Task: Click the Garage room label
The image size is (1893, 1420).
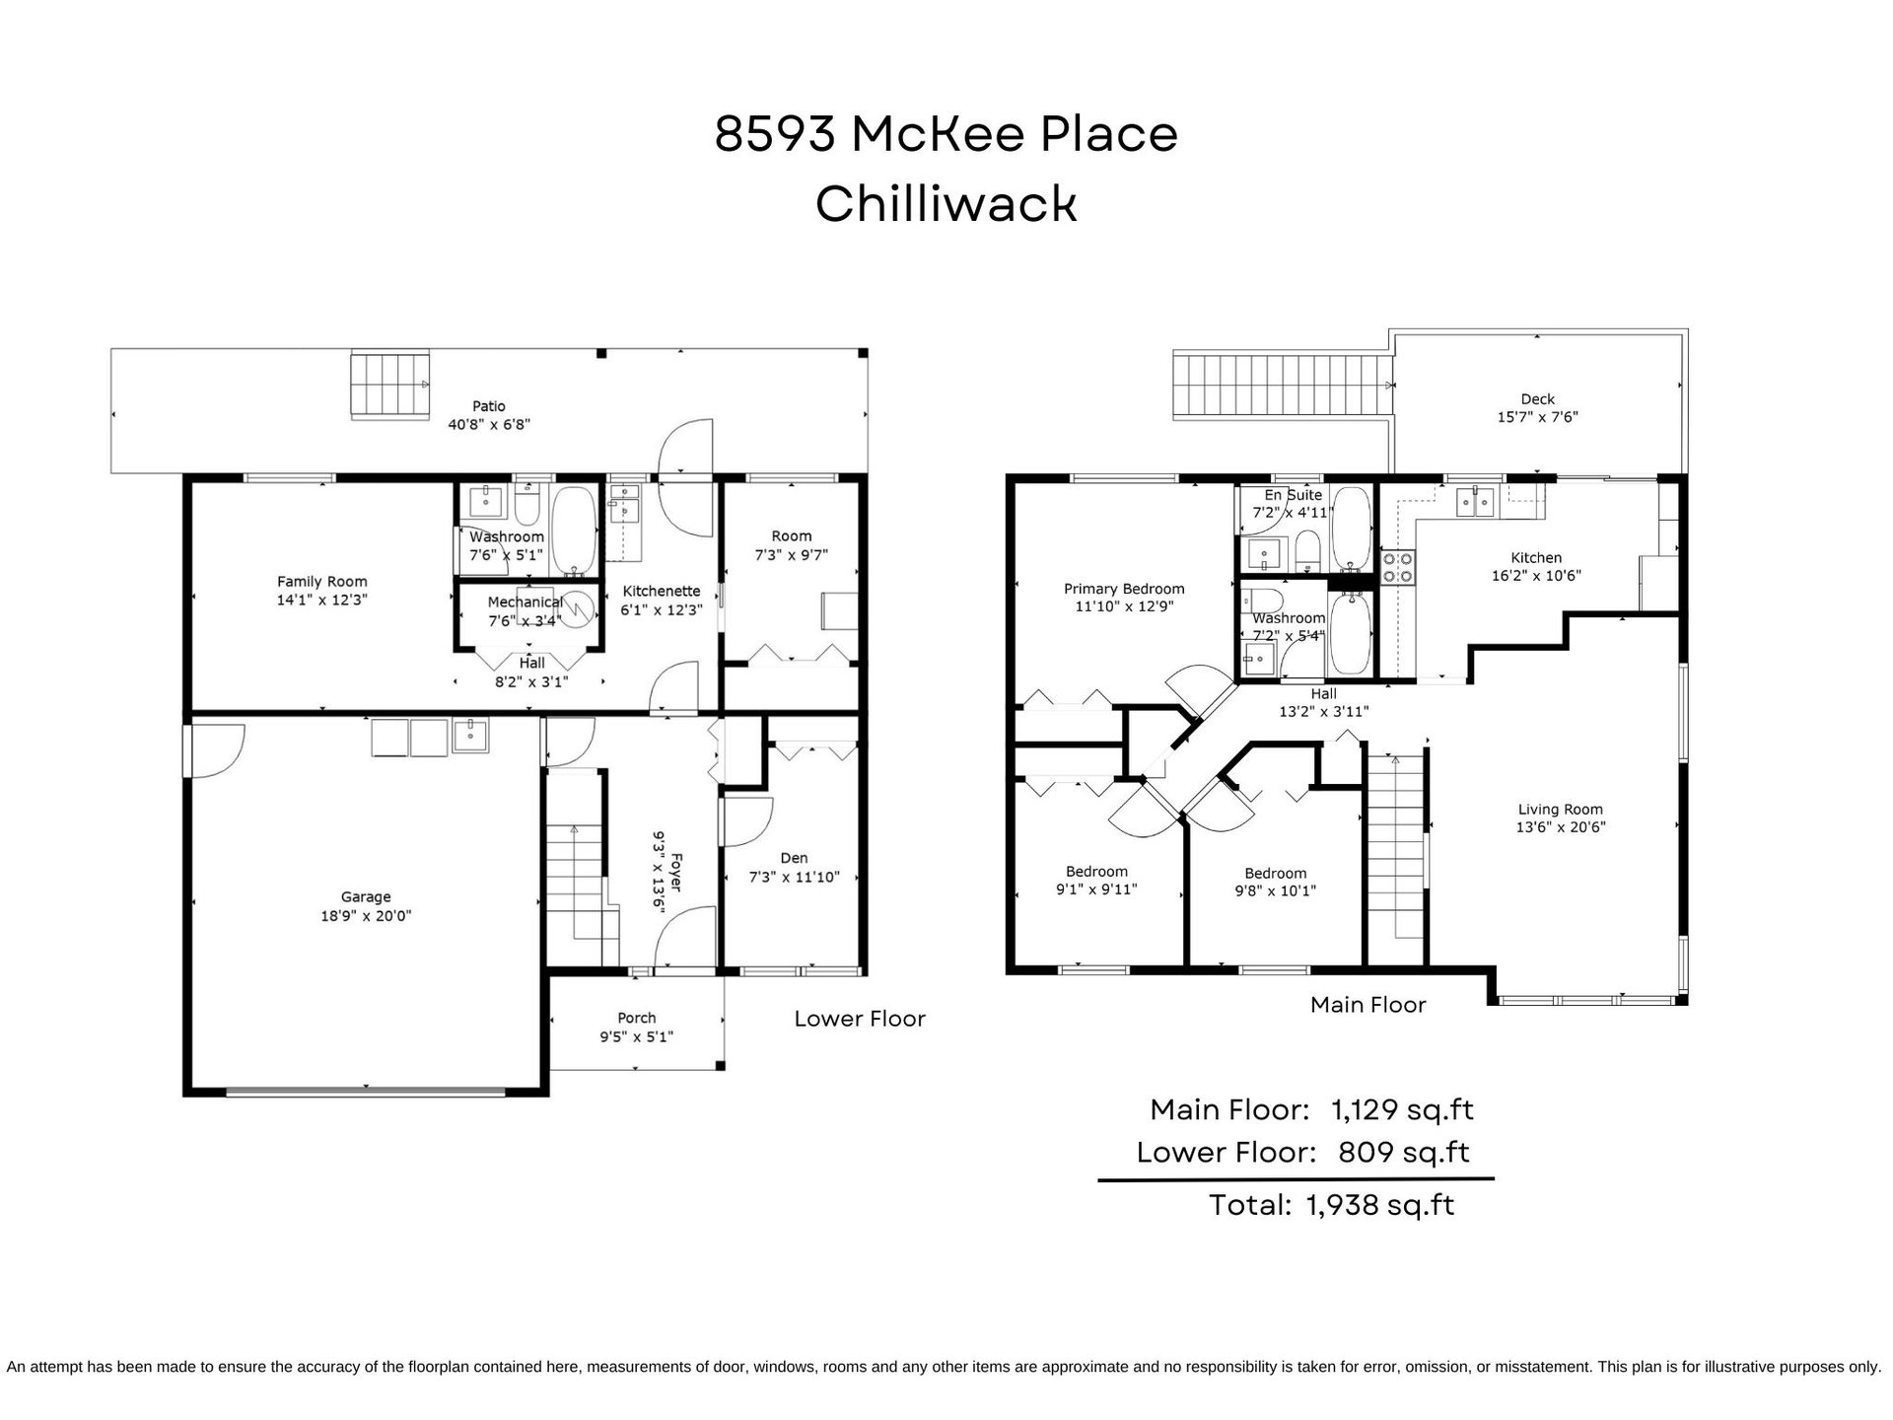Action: (366, 896)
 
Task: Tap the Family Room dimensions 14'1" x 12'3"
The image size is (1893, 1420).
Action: (322, 600)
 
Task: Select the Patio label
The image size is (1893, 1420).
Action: (489, 406)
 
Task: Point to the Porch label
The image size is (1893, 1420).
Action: (637, 1018)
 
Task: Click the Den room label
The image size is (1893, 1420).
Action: (794, 858)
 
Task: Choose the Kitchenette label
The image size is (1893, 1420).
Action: (661, 592)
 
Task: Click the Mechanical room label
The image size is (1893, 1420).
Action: (525, 603)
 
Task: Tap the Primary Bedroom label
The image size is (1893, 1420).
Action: (1124, 589)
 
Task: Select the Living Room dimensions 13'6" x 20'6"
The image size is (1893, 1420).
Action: (1561, 827)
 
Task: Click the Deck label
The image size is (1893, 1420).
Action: (1538, 399)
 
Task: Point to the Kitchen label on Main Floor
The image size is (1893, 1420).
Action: (1536, 557)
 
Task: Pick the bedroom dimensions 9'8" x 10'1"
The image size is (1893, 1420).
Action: (1276, 890)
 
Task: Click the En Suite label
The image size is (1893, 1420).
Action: (1294, 495)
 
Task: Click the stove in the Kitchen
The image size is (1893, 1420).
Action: (1397, 567)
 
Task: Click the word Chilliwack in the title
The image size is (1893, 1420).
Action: (946, 203)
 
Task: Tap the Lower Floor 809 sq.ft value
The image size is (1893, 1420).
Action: (1403, 1152)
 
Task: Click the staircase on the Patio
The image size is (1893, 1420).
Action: (390, 385)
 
